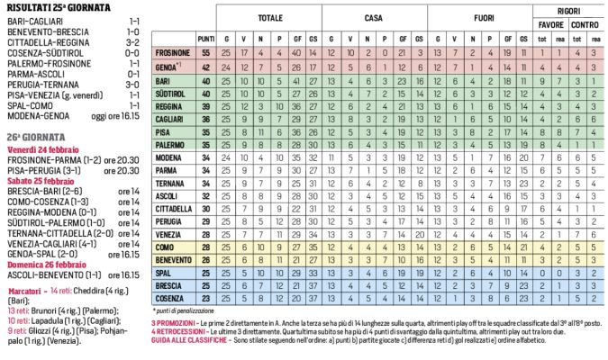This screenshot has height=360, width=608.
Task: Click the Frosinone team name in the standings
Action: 172,54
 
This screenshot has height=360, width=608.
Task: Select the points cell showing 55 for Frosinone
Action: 205,54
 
